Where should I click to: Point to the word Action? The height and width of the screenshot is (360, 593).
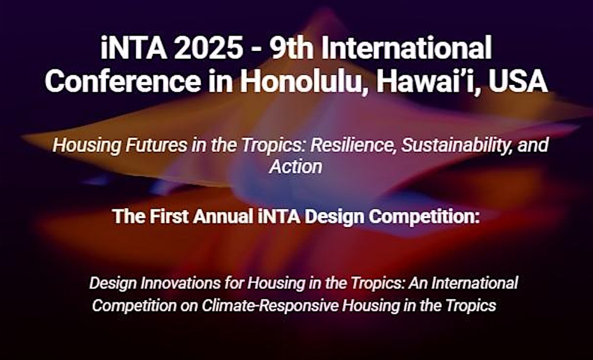click(x=295, y=167)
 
